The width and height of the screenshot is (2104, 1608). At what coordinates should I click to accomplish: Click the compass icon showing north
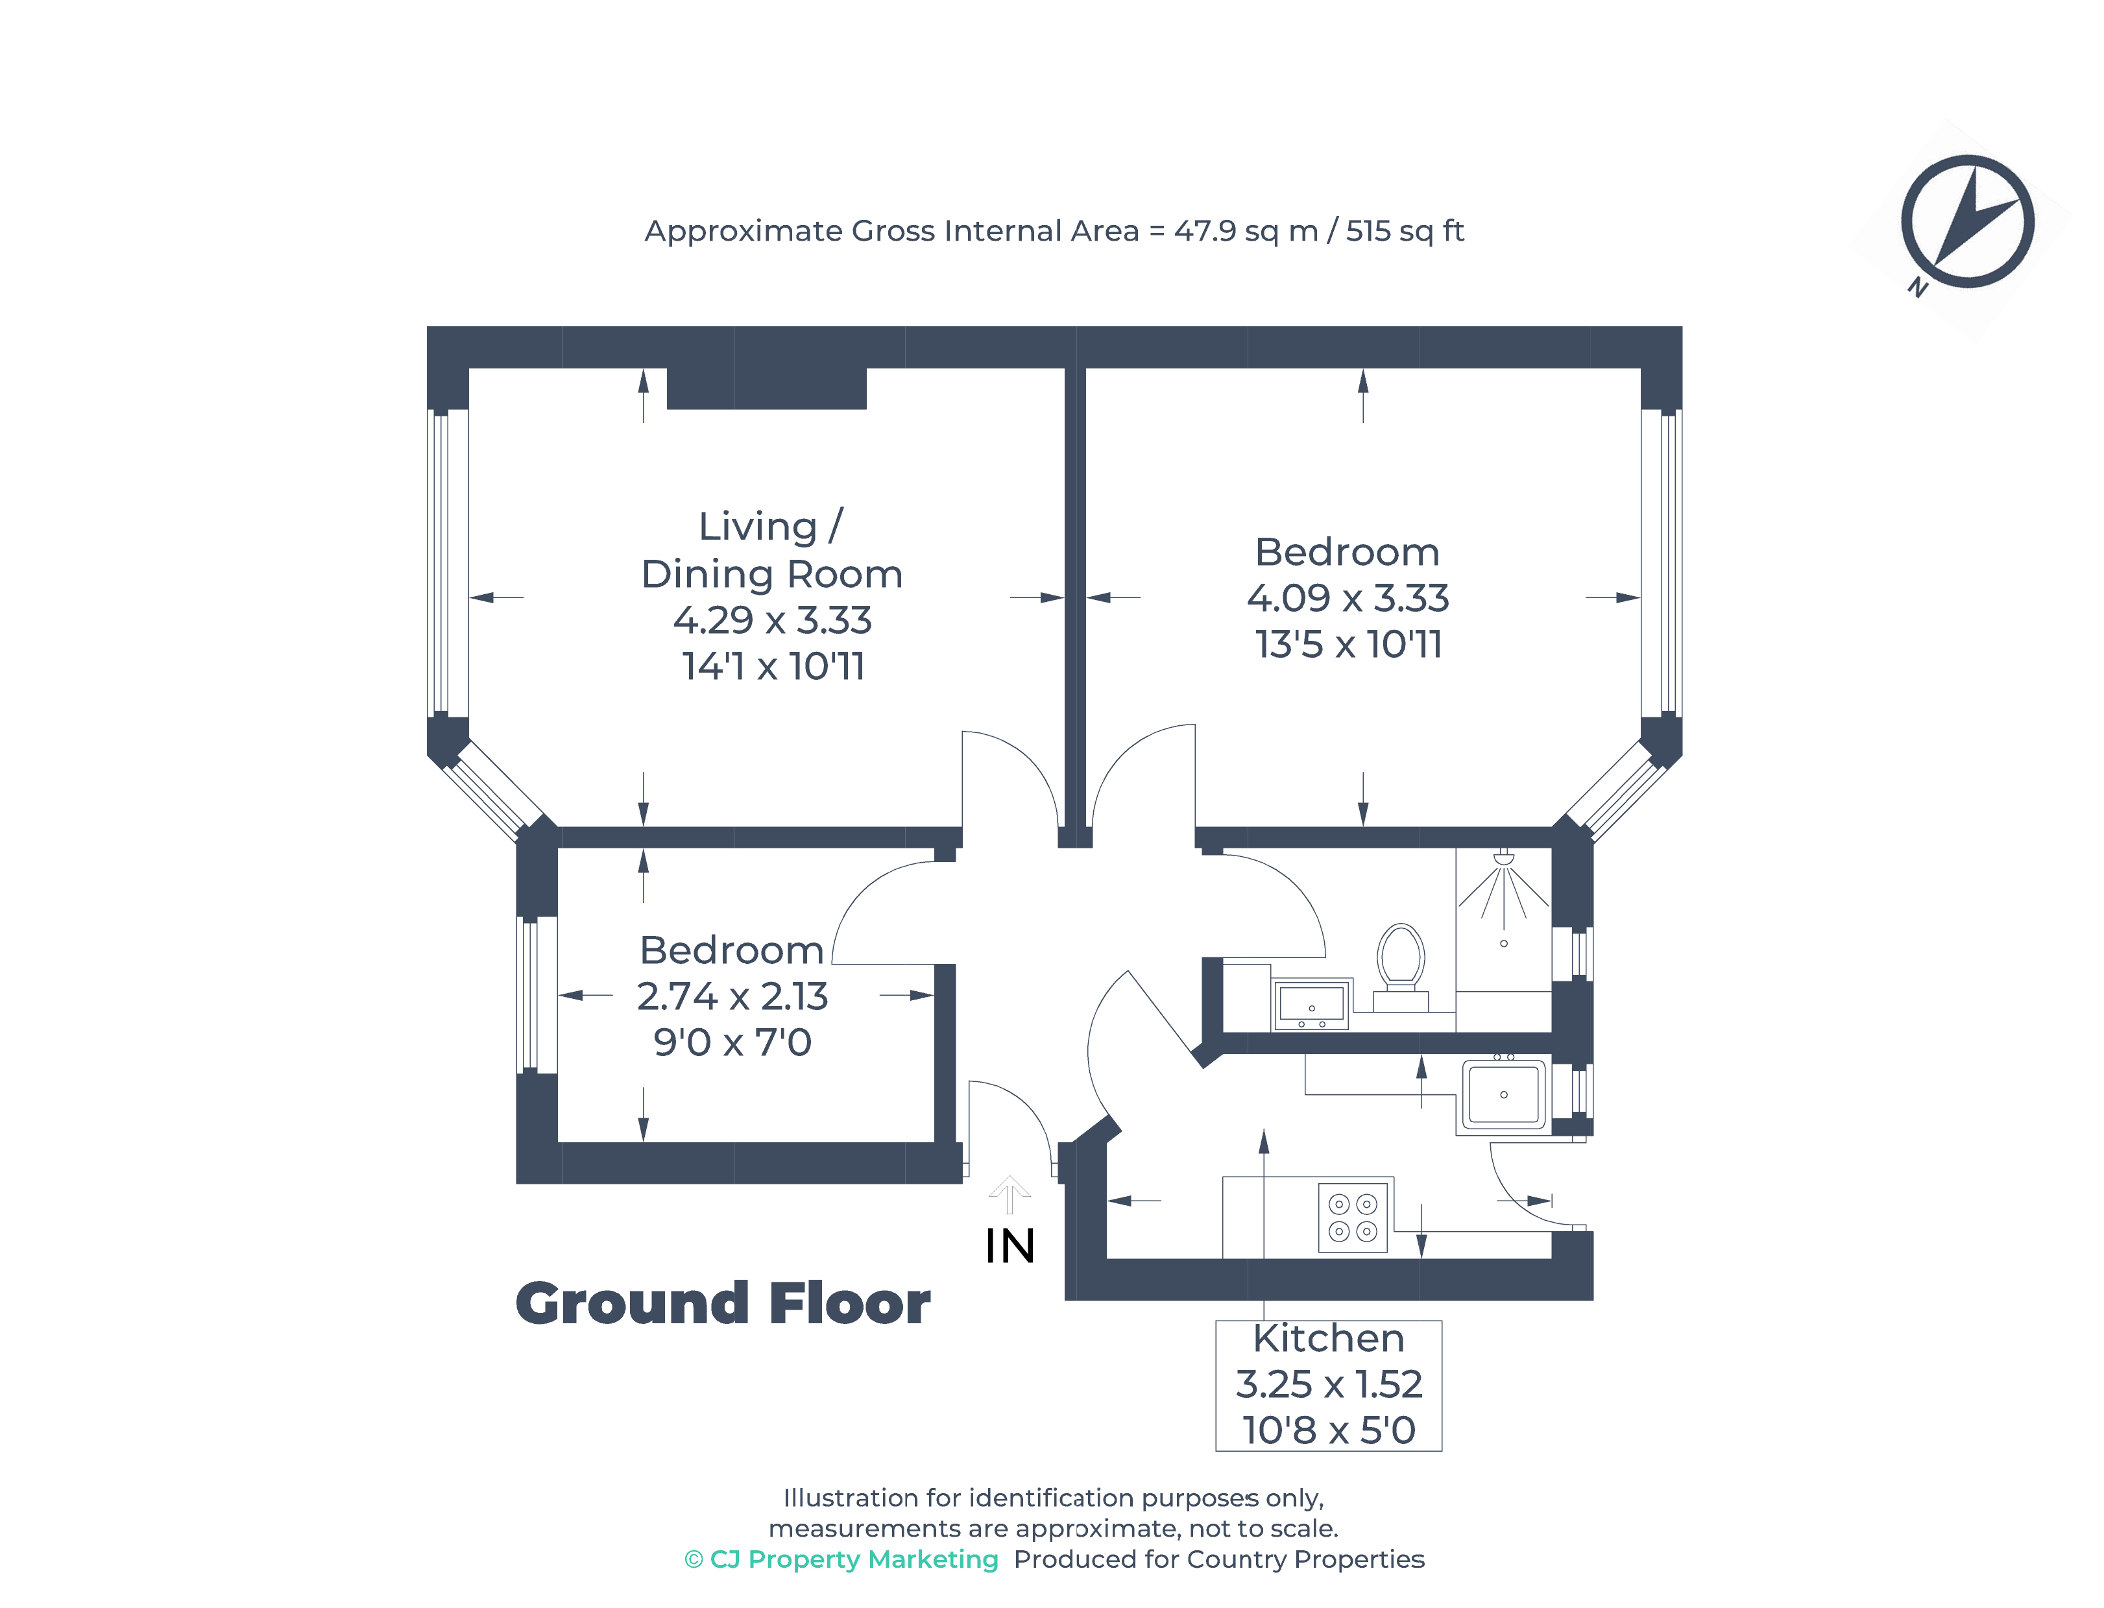click(1966, 221)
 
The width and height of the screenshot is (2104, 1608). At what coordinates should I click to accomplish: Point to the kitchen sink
click(1502, 1094)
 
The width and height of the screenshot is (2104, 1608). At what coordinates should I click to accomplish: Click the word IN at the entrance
click(1009, 1246)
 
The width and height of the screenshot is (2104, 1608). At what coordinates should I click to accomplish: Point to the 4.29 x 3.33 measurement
click(771, 620)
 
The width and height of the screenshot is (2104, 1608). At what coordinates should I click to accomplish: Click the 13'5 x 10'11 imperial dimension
click(1347, 644)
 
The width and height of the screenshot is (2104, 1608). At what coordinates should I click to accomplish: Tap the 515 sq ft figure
click(1403, 231)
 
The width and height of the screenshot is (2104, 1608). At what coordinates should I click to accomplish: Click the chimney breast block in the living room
click(766, 388)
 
